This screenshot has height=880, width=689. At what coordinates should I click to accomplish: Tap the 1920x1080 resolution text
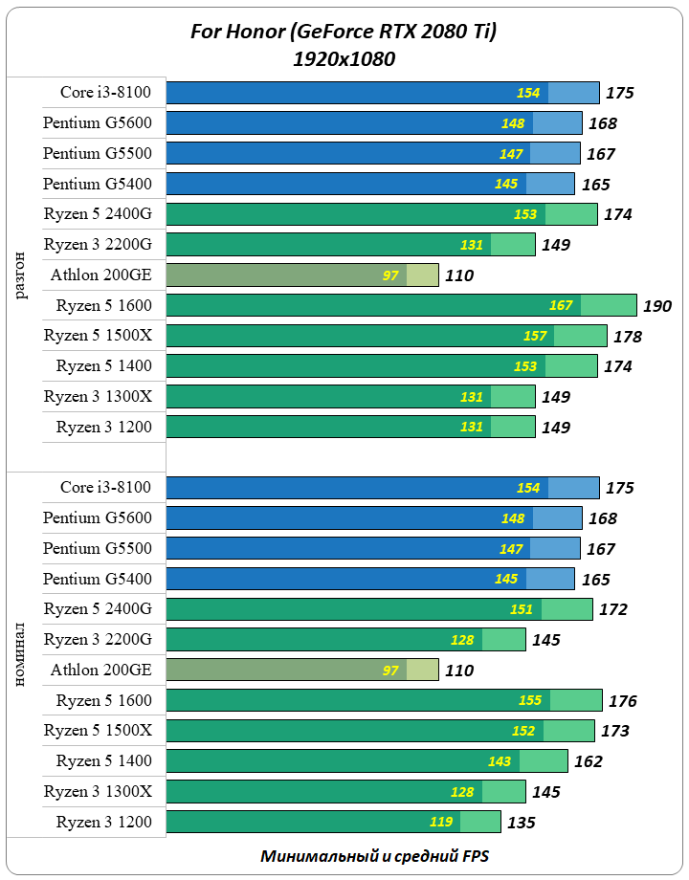[344, 59]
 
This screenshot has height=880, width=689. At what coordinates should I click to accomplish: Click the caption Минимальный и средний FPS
[375, 856]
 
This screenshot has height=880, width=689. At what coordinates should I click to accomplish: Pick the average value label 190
[657, 306]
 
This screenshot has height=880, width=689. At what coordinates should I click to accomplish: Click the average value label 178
[628, 337]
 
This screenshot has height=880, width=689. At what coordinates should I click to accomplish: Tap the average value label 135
[522, 823]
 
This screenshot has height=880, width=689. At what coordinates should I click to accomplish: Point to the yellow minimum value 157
[535, 336]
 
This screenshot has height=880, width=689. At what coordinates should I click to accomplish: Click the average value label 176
[622, 701]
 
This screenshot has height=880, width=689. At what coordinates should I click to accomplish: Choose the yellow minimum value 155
[530, 700]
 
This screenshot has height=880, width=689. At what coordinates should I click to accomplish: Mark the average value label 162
[588, 762]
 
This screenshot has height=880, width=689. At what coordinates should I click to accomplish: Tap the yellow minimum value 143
[500, 761]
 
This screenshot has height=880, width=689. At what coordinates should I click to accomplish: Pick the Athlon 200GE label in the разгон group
[101, 275]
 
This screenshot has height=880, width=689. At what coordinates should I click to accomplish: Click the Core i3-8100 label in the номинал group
[105, 488]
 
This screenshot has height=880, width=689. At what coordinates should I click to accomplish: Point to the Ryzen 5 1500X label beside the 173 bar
[98, 731]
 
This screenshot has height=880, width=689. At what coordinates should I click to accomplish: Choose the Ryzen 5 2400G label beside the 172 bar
[98, 609]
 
